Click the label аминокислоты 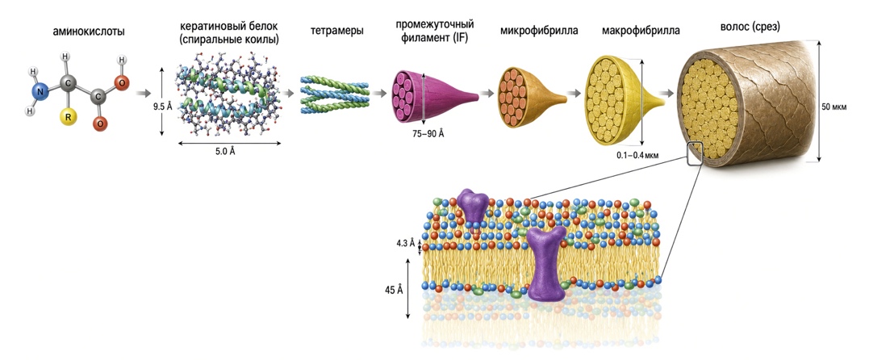pyautogui.click(x=89, y=31)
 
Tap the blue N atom pyautogui.click(x=40, y=91)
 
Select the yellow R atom pyautogui.click(x=68, y=118)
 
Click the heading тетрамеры pyautogui.click(x=337, y=31)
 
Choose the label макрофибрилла pyautogui.click(x=641, y=31)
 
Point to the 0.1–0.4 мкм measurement pyautogui.click(x=639, y=156)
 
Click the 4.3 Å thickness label pyautogui.click(x=406, y=242)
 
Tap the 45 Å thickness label pyautogui.click(x=394, y=290)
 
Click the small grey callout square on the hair pyautogui.click(x=694, y=153)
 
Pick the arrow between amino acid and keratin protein pyautogui.click(x=142, y=93)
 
